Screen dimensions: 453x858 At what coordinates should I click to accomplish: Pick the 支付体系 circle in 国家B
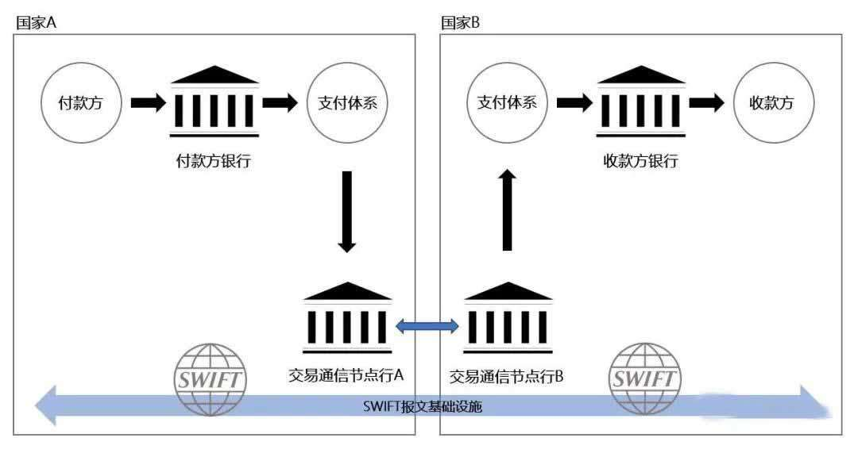click(x=507, y=103)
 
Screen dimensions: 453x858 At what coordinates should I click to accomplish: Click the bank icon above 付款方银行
click(x=214, y=102)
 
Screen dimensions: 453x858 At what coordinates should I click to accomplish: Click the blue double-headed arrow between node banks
click(x=427, y=324)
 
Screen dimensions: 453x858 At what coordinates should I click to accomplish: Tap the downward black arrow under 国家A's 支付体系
click(x=346, y=211)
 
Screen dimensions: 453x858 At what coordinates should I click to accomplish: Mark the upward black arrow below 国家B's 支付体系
click(x=507, y=211)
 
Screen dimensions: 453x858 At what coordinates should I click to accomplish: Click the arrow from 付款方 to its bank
click(x=148, y=102)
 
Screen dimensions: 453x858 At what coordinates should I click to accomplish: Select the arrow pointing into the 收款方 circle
click(x=706, y=102)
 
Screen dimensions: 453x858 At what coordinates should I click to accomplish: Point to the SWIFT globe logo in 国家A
click(x=210, y=378)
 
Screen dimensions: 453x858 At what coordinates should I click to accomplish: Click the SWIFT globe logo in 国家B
click(x=644, y=378)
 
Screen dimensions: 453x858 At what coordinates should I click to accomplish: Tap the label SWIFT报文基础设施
click(x=423, y=407)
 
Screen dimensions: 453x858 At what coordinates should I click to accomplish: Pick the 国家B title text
click(x=460, y=22)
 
